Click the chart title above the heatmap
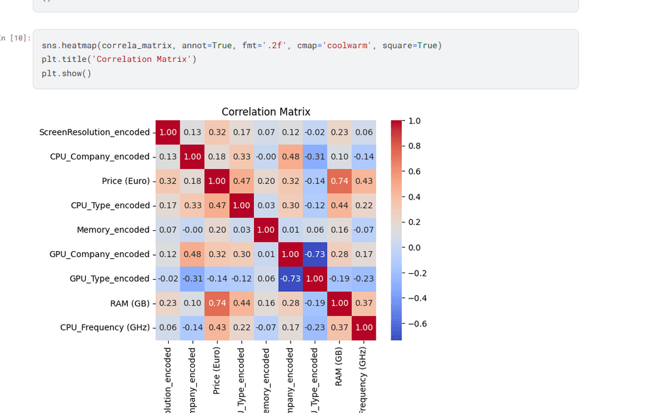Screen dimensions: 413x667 pos(266,112)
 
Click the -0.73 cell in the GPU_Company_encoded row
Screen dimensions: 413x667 pos(315,254)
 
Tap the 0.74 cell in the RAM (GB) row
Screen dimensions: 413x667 pos(217,303)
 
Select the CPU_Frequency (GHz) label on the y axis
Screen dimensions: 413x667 pos(104,327)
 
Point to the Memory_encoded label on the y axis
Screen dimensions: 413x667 pos(113,230)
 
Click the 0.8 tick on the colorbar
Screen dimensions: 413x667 pos(414,146)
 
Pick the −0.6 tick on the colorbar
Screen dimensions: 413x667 pos(417,323)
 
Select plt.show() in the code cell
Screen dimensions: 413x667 pos(66,73)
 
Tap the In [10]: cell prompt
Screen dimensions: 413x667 pos(15,38)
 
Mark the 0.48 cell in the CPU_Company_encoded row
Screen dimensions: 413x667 pos(290,157)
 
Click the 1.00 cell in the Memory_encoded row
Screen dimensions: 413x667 pos(266,230)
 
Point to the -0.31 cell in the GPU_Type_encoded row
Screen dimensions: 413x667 pos(192,278)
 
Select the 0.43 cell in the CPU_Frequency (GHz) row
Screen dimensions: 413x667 pos(217,327)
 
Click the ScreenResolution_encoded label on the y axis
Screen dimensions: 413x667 pos(94,132)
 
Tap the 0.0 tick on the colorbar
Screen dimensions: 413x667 pos(414,247)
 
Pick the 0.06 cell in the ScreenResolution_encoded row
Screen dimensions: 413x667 pos(363,132)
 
